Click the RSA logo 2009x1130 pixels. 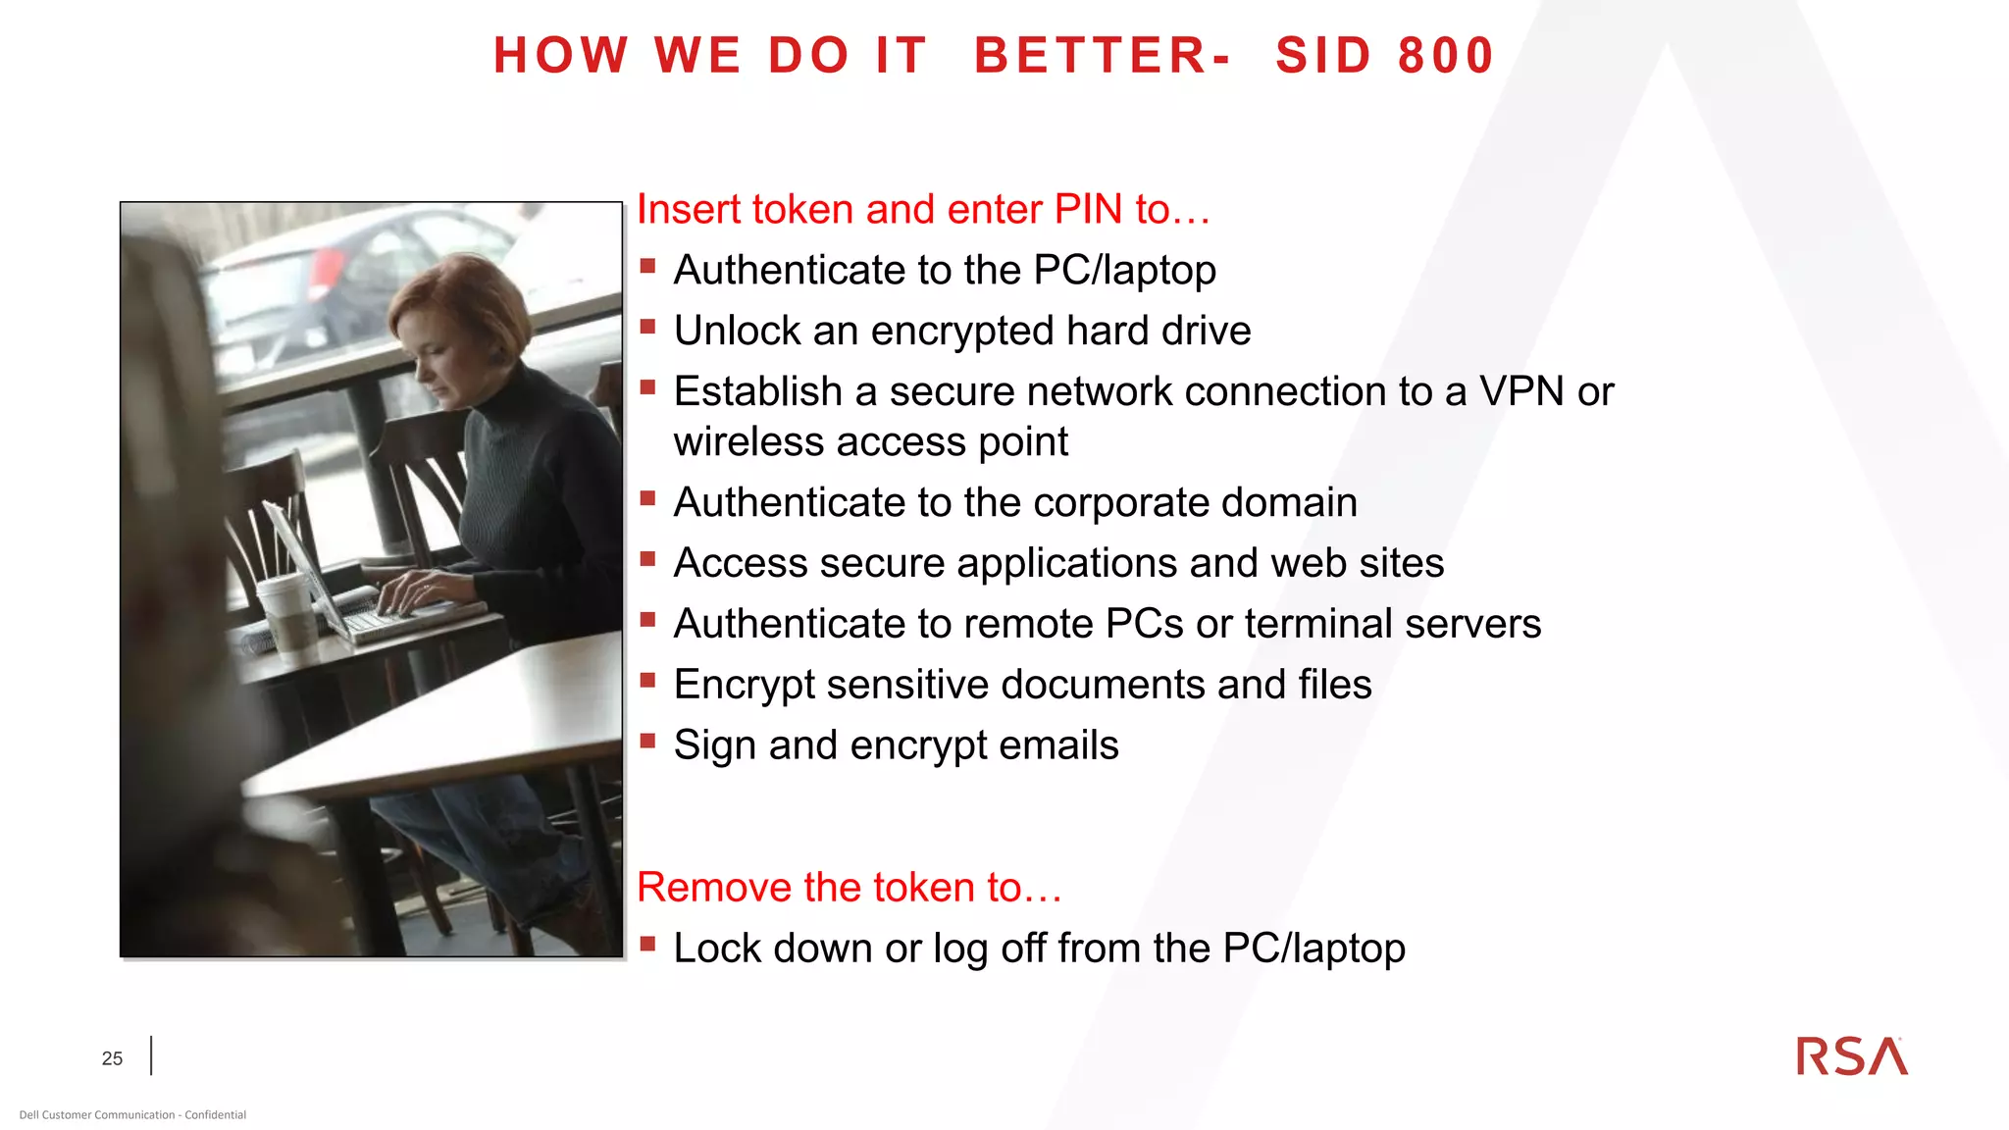click(x=1851, y=1056)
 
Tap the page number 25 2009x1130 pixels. click(x=112, y=1058)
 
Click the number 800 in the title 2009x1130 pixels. click(x=1445, y=55)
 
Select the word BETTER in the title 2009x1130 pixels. click(x=1091, y=55)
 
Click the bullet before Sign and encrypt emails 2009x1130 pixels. click(x=647, y=741)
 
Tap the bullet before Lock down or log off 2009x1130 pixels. click(x=647, y=944)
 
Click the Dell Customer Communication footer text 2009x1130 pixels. click(x=132, y=1114)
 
